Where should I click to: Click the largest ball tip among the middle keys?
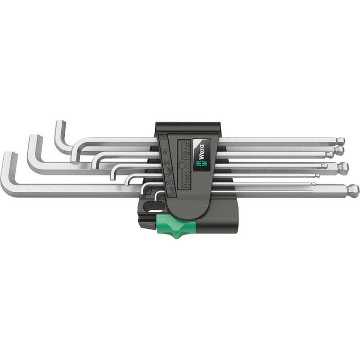pos(343,166)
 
